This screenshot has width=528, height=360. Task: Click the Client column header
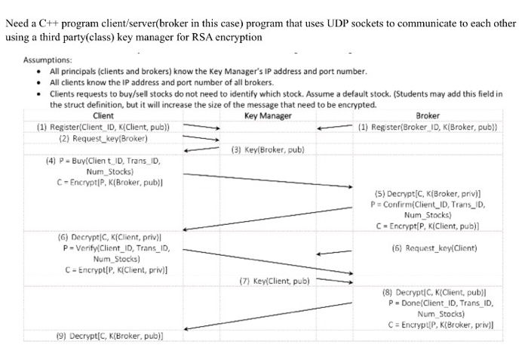[x=103, y=115]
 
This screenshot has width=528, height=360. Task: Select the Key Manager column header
[x=268, y=115]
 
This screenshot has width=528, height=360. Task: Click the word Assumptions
[x=48, y=60]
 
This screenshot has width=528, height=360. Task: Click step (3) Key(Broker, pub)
[x=267, y=149]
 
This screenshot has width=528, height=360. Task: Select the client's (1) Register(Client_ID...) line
[x=103, y=127]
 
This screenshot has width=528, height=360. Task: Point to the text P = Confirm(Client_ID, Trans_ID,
[x=427, y=204]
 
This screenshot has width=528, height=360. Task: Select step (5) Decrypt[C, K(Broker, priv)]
[x=427, y=193]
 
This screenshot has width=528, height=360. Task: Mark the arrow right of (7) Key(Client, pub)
[x=333, y=282]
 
